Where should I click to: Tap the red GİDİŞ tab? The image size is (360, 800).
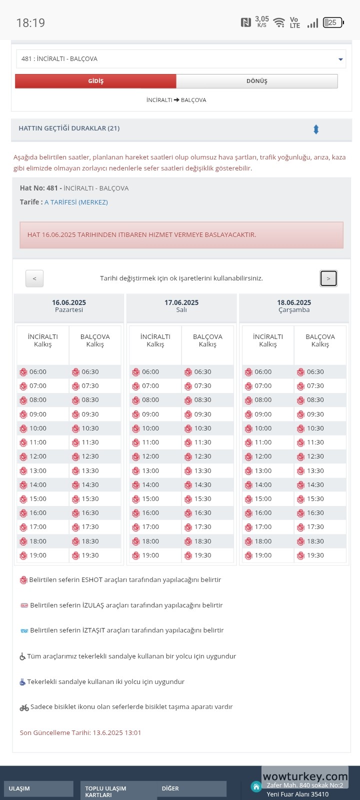tap(95, 81)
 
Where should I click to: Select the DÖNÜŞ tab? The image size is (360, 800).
tap(256, 81)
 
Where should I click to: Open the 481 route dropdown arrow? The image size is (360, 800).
tap(340, 59)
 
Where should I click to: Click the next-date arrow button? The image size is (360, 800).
tap(328, 278)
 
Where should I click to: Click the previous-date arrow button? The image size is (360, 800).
tap(34, 278)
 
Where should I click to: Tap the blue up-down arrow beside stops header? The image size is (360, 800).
tap(316, 129)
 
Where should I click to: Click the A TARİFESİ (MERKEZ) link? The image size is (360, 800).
tap(76, 202)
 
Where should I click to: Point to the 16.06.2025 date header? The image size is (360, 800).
tap(69, 302)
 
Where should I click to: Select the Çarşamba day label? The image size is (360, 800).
tap(294, 310)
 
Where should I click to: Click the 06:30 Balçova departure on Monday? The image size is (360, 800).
tap(90, 372)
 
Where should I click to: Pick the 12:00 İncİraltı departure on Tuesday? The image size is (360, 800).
tap(150, 456)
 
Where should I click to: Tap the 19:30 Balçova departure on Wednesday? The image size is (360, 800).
tap(315, 555)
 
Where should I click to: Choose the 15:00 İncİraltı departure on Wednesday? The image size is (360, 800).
tap(262, 499)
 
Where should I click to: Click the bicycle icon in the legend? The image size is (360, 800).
tap(24, 707)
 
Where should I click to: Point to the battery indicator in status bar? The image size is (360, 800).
tap(333, 22)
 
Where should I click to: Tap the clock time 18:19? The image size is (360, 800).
tap(30, 23)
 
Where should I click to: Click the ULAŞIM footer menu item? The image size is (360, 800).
tap(19, 788)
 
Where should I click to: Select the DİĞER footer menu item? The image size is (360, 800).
tap(170, 788)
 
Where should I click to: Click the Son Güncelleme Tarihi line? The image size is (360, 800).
tap(80, 732)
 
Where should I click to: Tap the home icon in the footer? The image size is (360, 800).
tap(256, 787)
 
